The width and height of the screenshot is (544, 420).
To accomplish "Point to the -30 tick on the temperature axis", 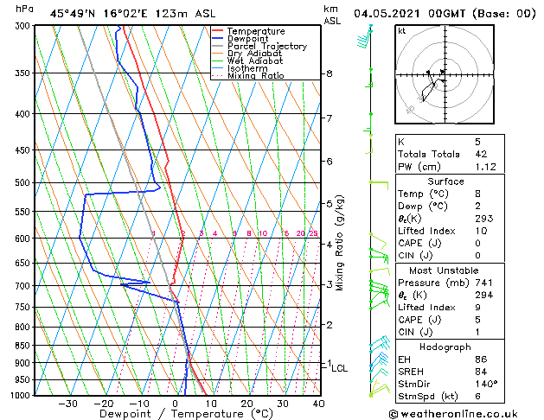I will click(67, 404).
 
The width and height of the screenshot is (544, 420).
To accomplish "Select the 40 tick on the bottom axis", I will click(318, 404).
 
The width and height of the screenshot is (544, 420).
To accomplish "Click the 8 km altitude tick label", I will click(329, 74).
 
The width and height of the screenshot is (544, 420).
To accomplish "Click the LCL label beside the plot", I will click(340, 368).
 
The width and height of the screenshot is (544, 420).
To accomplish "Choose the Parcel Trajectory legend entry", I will click(266, 47).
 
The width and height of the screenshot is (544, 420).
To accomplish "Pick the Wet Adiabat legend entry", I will click(254, 61).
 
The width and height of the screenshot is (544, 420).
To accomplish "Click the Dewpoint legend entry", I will click(248, 39).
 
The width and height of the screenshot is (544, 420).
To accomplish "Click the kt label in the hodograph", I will click(402, 31).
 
